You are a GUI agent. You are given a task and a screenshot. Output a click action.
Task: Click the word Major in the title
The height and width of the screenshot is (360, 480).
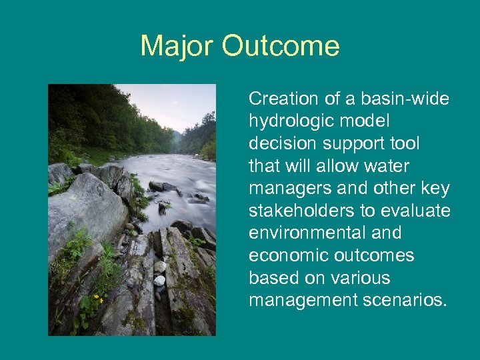coord(177,47)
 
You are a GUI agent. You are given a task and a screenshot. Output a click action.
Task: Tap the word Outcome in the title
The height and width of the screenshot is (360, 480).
coord(281,47)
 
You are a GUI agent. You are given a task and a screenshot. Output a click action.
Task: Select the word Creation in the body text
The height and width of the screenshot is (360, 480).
coord(283,99)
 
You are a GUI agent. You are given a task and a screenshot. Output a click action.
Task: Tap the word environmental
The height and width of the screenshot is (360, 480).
coord(304,233)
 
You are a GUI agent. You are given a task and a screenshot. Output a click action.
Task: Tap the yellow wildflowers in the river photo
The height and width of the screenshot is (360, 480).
coord(99,298)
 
